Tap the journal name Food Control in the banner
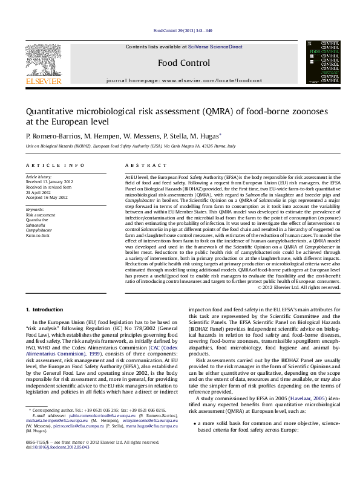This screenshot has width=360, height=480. coord(184,63)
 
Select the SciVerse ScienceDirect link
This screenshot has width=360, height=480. coord(215,47)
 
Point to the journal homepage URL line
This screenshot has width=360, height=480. coord(184,80)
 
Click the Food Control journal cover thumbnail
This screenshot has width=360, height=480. coord(322,62)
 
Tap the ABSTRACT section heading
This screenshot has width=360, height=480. coord(140,164)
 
